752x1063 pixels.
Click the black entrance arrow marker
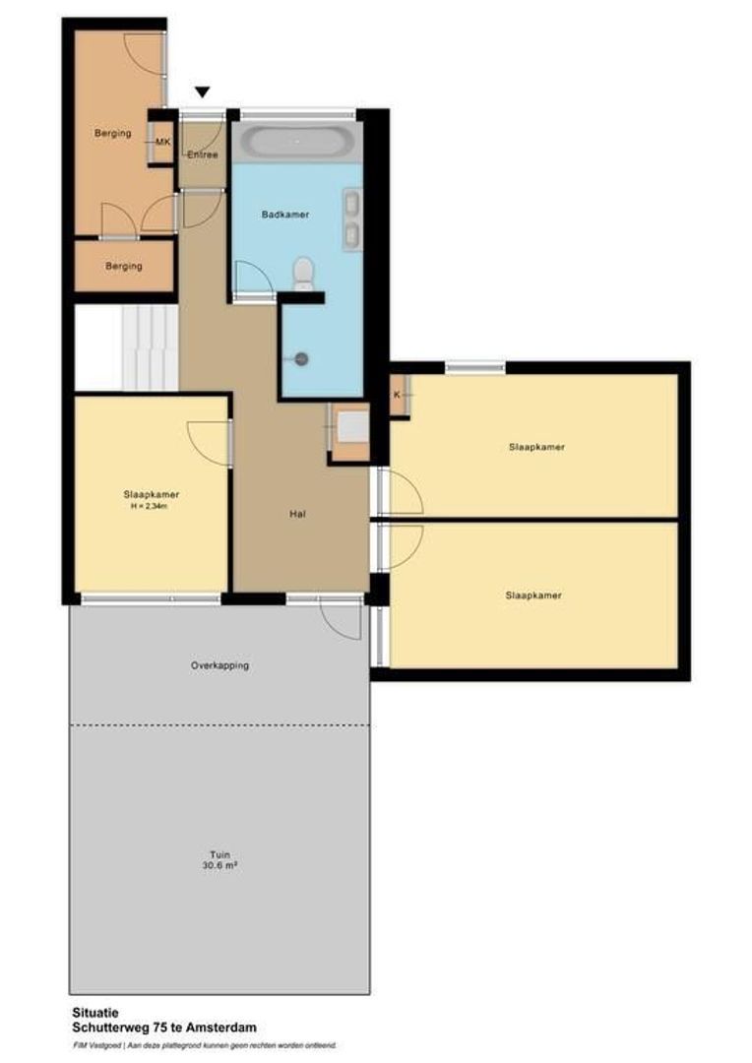[203, 93]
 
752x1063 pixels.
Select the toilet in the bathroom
[304, 271]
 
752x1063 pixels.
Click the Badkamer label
[286, 214]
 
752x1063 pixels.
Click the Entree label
[202, 155]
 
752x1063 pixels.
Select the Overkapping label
[219, 665]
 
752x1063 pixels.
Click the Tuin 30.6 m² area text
[219, 861]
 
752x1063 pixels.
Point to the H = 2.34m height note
[151, 507]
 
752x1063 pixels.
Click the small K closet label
[397, 395]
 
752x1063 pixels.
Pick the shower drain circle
[302, 359]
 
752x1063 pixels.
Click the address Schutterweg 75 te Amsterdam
[163, 1027]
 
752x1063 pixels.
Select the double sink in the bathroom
[350, 219]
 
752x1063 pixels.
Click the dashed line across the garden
[219, 725]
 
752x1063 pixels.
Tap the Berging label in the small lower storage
[124, 266]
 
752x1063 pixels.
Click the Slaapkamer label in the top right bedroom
[536, 447]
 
